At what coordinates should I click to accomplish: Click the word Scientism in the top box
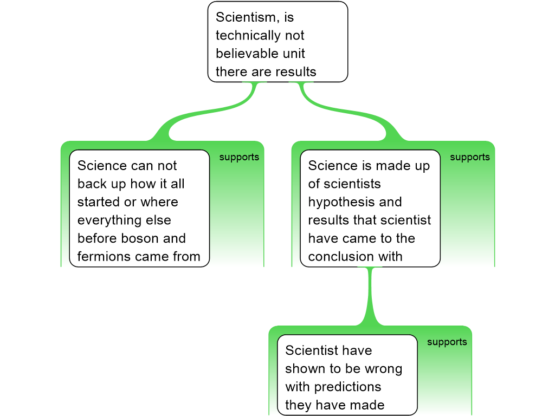pos(246,17)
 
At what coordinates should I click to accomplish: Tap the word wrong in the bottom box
pos(383,369)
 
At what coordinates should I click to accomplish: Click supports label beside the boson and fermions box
pos(239,157)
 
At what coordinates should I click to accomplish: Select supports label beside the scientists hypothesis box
pos(470,157)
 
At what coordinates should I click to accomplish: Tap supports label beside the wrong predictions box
pos(447,342)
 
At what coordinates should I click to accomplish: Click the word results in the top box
pos(295,72)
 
